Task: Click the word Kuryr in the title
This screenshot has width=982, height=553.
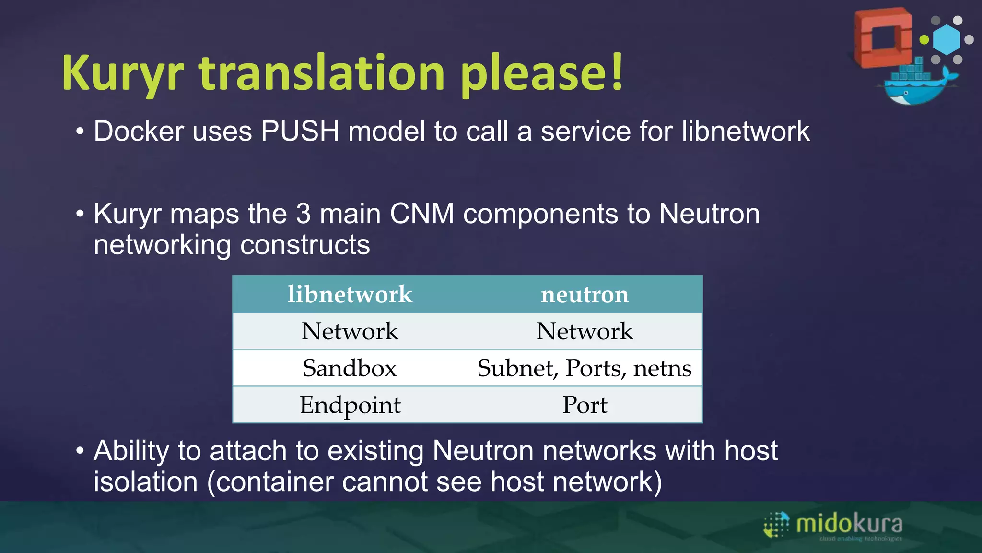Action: pos(123,73)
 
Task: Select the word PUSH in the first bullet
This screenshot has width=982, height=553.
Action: pos(300,131)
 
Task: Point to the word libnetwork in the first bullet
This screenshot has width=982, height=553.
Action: pos(746,131)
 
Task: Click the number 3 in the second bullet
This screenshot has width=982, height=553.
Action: pos(303,214)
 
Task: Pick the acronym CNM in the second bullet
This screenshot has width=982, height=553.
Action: pos(422,214)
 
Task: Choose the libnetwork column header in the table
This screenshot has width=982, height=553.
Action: pos(350,294)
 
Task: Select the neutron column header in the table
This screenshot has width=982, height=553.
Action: pos(585,294)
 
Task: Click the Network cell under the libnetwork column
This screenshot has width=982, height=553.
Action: pos(350,331)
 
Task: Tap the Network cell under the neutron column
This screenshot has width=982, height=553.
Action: pos(585,331)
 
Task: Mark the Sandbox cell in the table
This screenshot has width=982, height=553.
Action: pos(350,368)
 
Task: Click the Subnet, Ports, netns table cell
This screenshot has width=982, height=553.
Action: pos(585,368)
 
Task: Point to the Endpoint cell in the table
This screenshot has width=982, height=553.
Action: pos(350,405)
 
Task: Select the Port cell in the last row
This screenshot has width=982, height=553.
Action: pos(585,405)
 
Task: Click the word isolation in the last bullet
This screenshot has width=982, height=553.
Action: pos(145,481)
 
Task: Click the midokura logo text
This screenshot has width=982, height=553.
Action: pos(849,524)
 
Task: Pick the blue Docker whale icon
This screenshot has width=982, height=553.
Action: pos(916,86)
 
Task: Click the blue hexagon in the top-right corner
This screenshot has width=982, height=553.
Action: pos(947,39)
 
